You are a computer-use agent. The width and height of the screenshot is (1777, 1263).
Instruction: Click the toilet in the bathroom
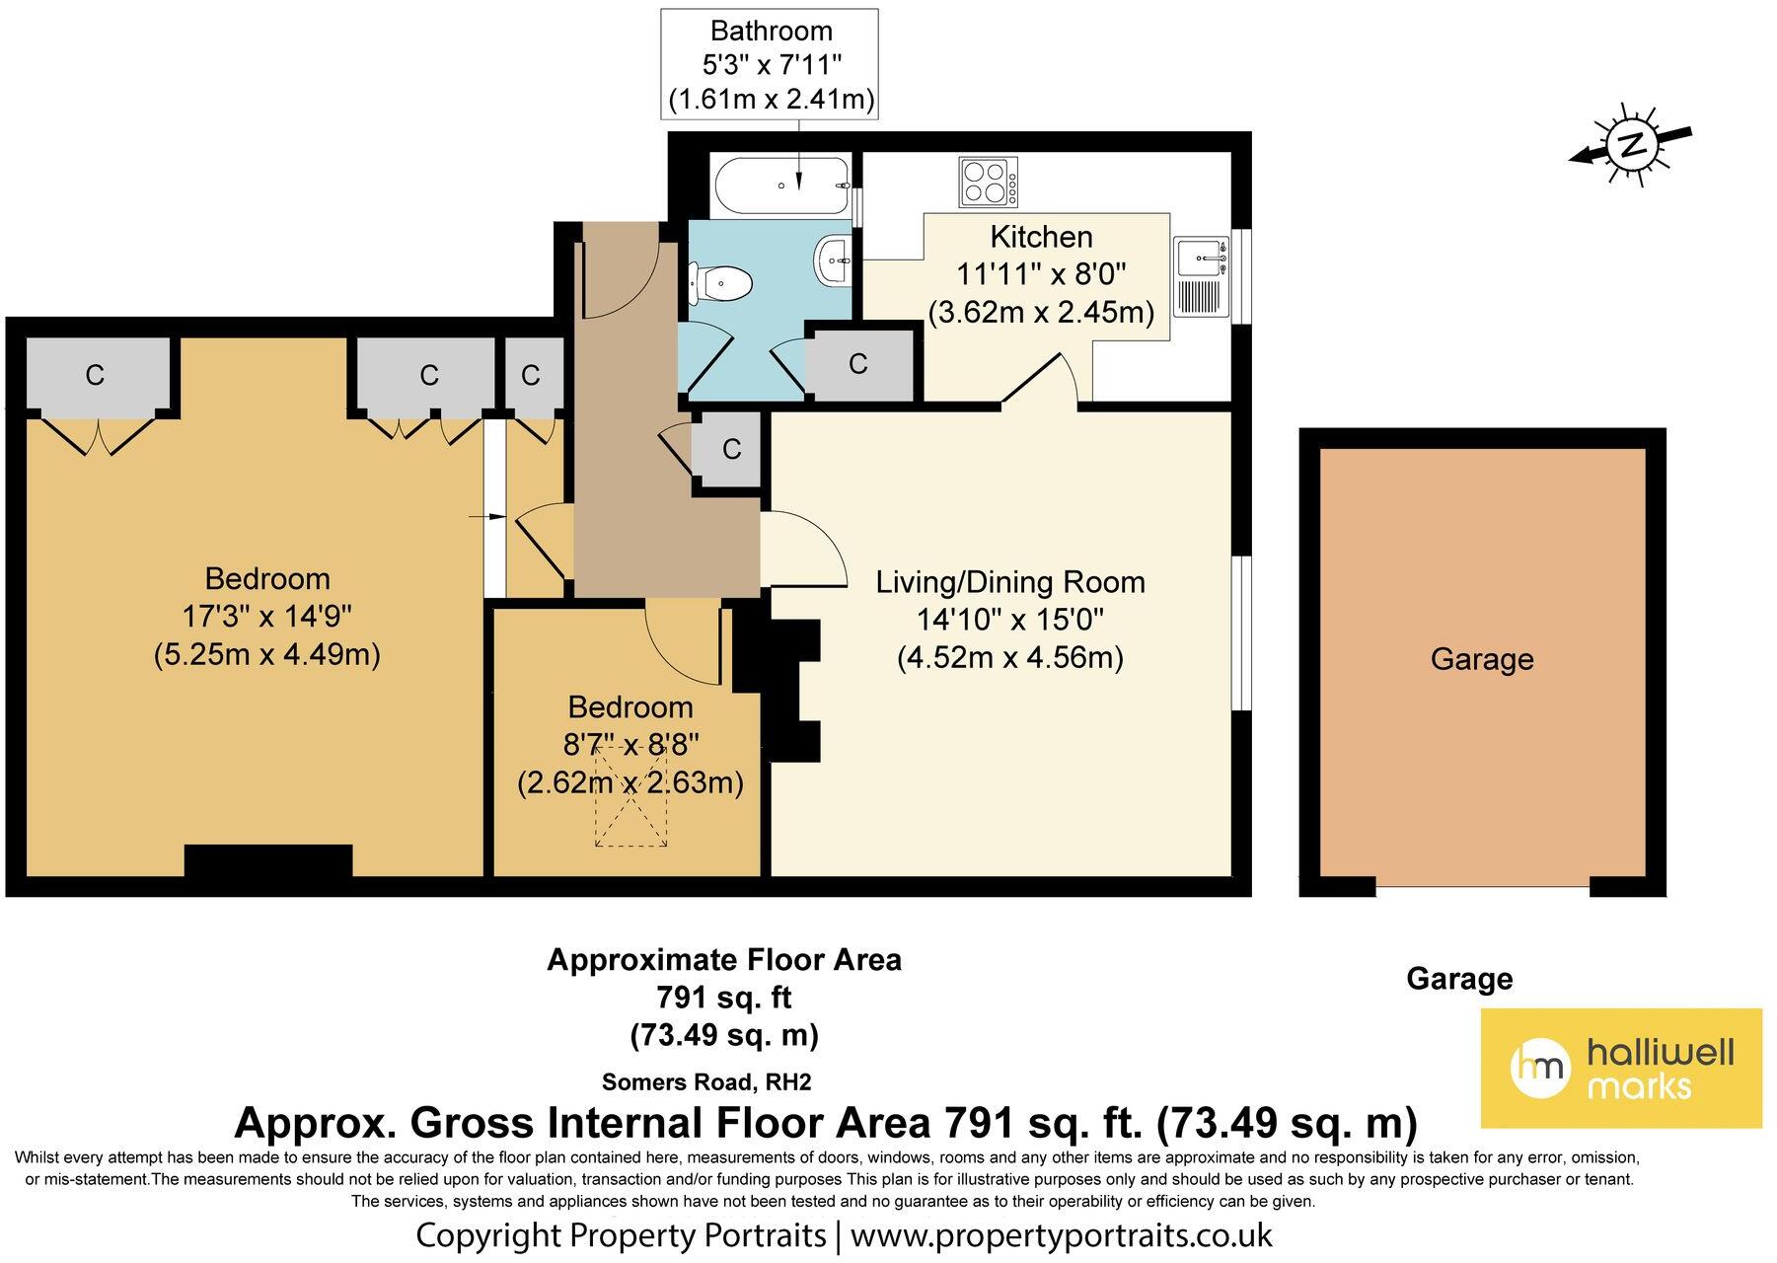(x=721, y=284)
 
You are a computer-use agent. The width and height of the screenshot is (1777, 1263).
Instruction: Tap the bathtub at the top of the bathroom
(x=779, y=185)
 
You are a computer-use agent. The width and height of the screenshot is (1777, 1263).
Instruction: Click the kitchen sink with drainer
(x=1201, y=277)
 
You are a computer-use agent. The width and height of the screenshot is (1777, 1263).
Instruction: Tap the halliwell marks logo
(x=1622, y=1068)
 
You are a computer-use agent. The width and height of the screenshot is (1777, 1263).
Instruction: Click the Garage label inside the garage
(x=1482, y=659)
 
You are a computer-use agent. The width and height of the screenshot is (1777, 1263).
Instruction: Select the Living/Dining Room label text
(x=1010, y=582)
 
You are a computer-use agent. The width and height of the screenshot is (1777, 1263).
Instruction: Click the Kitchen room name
(x=1041, y=237)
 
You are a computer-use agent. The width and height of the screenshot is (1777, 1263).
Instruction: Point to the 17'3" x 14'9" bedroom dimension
(x=266, y=617)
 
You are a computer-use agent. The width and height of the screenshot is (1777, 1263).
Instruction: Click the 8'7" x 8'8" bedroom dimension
(x=629, y=745)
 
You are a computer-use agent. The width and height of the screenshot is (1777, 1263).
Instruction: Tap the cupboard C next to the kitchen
(x=858, y=364)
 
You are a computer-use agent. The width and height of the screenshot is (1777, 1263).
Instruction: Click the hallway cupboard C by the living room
(x=731, y=449)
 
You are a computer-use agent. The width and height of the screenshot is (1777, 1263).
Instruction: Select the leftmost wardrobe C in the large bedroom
(x=95, y=375)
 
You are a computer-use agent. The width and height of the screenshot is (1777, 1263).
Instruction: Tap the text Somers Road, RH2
(x=706, y=1081)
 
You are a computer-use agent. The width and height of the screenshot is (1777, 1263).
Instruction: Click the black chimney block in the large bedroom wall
(x=268, y=860)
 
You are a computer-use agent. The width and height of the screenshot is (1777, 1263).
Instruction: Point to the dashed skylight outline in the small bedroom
(x=630, y=796)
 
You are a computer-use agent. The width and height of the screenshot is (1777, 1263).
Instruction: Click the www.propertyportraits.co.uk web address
(x=1062, y=1235)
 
